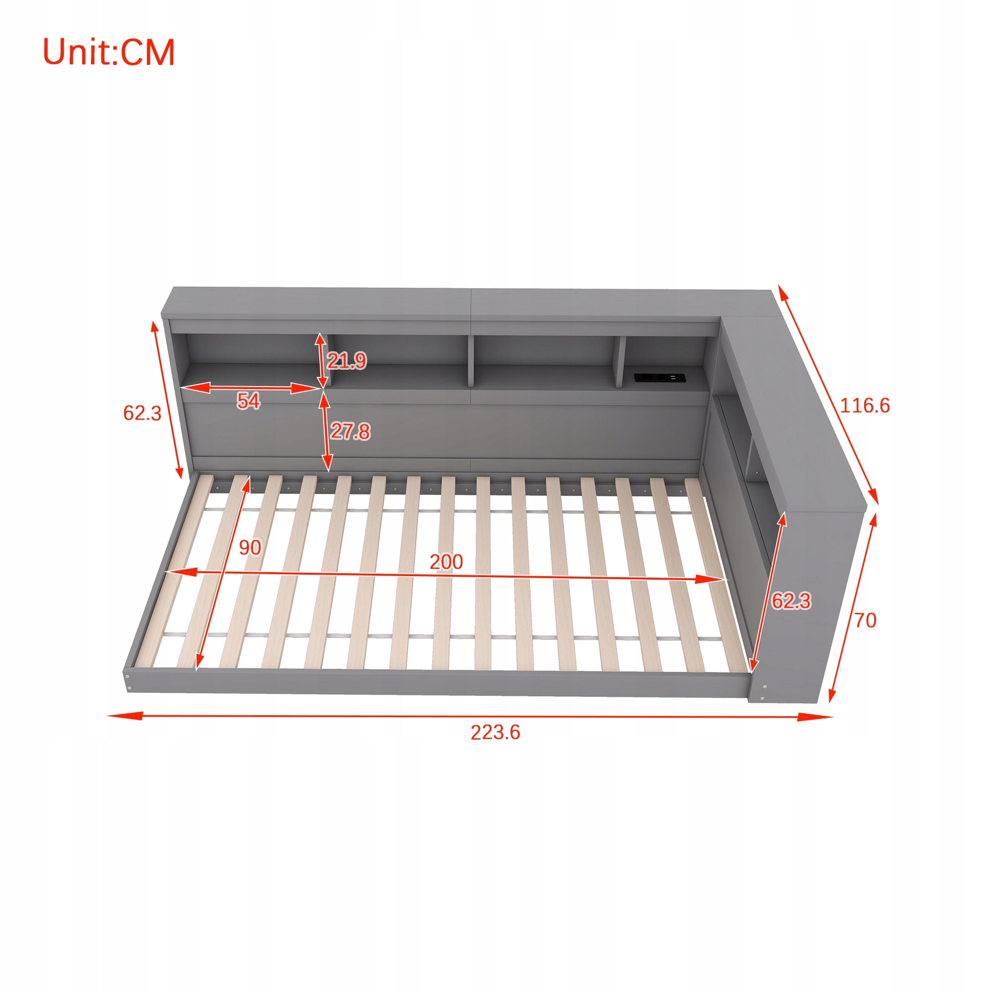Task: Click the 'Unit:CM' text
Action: point(108,52)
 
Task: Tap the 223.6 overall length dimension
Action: point(495,732)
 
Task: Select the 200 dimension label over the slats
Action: point(446,562)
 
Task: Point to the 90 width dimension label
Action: point(249,548)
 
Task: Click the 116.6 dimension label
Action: point(865,406)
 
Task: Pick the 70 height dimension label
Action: point(865,621)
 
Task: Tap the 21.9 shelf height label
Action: point(347,361)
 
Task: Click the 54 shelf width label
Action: point(248,401)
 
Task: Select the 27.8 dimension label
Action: point(350,432)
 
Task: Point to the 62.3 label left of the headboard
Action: point(142,413)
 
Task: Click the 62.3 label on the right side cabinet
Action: point(791,600)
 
